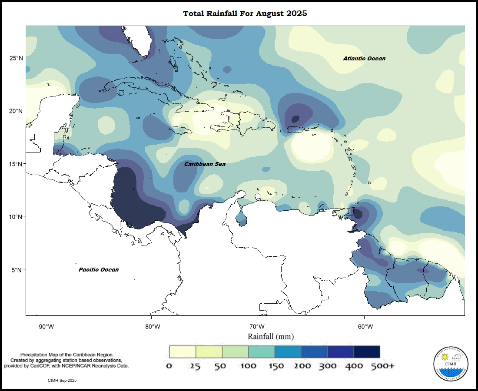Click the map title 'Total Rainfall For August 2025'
pos(245,13)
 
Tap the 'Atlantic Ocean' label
pos(364,59)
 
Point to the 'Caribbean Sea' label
pos(205,164)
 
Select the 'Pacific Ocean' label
pos(99,270)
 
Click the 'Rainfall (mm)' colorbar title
pos(271,337)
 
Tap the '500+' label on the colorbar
pos(382,366)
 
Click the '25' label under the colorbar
pos(195,366)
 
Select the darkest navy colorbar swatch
pos(367,351)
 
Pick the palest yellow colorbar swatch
pos(182,351)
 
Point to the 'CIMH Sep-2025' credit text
pos(63,380)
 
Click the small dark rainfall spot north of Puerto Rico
pos(295,119)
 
